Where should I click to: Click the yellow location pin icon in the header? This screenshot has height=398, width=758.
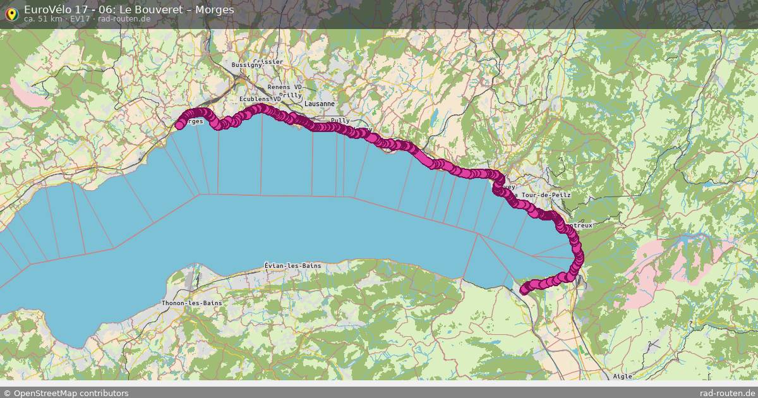coord(11,13)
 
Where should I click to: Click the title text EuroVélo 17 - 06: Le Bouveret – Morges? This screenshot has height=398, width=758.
coord(129,9)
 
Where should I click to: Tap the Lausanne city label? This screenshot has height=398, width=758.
coord(319,104)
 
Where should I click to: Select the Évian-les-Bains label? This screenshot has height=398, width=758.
coord(292,266)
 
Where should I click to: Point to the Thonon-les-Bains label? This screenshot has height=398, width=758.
coord(191,303)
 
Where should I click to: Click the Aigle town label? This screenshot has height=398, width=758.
coord(622,377)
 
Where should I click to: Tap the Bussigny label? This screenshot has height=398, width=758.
coord(246,65)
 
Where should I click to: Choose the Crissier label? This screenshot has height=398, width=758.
coord(268,62)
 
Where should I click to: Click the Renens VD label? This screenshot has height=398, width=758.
coord(285,87)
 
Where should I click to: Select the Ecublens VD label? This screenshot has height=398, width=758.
coord(260,99)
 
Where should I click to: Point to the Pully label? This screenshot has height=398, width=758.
coord(340,120)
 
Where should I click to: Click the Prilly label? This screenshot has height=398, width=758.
coord(291,95)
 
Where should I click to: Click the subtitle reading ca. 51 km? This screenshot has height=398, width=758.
coord(43,19)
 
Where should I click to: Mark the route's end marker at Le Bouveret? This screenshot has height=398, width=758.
coord(524,290)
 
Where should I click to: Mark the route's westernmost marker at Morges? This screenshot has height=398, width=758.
coord(179,125)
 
